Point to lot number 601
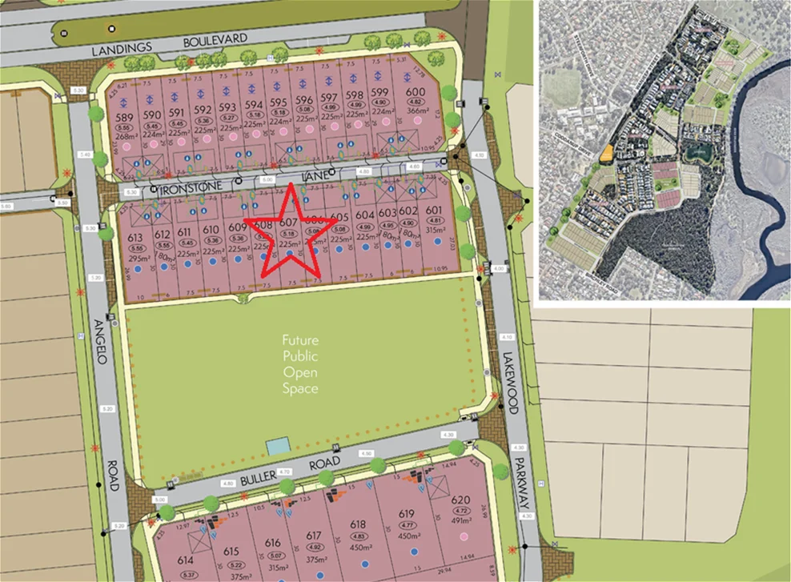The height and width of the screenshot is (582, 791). (x=435, y=211)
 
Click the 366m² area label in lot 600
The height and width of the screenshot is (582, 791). (x=416, y=111)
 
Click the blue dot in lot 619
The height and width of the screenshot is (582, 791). (x=413, y=552)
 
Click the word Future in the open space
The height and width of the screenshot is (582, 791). (x=299, y=340)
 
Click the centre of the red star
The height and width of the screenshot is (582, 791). (x=287, y=230)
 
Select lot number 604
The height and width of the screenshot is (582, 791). (x=365, y=215)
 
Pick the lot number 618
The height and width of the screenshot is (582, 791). (x=358, y=524)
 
